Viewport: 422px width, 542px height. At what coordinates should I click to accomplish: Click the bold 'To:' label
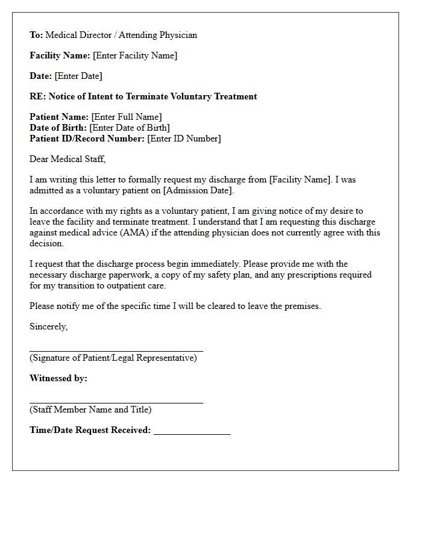[x=36, y=35]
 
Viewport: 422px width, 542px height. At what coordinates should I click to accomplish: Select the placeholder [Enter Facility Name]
[x=134, y=55]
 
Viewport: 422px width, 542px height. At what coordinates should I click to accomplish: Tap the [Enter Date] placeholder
[x=78, y=76]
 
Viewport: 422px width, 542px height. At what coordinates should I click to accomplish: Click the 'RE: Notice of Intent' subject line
[x=143, y=96]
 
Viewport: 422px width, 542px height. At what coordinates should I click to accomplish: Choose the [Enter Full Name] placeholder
[x=127, y=117]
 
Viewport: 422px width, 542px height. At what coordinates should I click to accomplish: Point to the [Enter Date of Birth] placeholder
[x=130, y=128]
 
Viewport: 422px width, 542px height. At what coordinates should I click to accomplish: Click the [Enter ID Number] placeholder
[x=184, y=139]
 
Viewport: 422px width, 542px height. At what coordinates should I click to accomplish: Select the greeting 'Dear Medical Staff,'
[x=68, y=159]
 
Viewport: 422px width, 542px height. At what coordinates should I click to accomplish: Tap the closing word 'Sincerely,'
[x=49, y=326]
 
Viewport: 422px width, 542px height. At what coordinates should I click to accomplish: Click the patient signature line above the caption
[x=116, y=350]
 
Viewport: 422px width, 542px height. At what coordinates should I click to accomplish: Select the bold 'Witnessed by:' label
[x=58, y=378]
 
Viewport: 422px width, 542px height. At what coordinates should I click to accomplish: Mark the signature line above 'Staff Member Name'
[x=116, y=402]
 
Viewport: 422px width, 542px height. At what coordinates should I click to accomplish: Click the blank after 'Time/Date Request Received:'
[x=192, y=432]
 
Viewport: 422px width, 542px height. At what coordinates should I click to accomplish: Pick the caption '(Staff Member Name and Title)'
[x=90, y=410]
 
